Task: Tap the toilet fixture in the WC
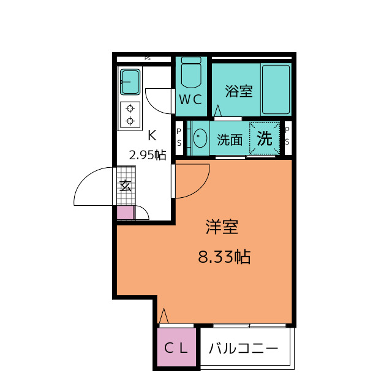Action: (191, 73)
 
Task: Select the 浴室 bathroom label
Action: (239, 92)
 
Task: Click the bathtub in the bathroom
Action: (276, 89)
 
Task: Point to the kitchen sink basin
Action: (129, 80)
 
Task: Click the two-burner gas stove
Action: (130, 115)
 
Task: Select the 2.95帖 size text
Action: (147, 155)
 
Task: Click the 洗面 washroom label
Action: (230, 140)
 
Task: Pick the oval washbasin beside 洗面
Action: (200, 140)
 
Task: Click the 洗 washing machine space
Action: (264, 138)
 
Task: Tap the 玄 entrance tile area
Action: (124, 185)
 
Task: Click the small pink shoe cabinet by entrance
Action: (125, 213)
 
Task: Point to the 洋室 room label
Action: (222, 228)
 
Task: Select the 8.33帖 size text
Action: (224, 257)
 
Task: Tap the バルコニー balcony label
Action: (244, 350)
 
